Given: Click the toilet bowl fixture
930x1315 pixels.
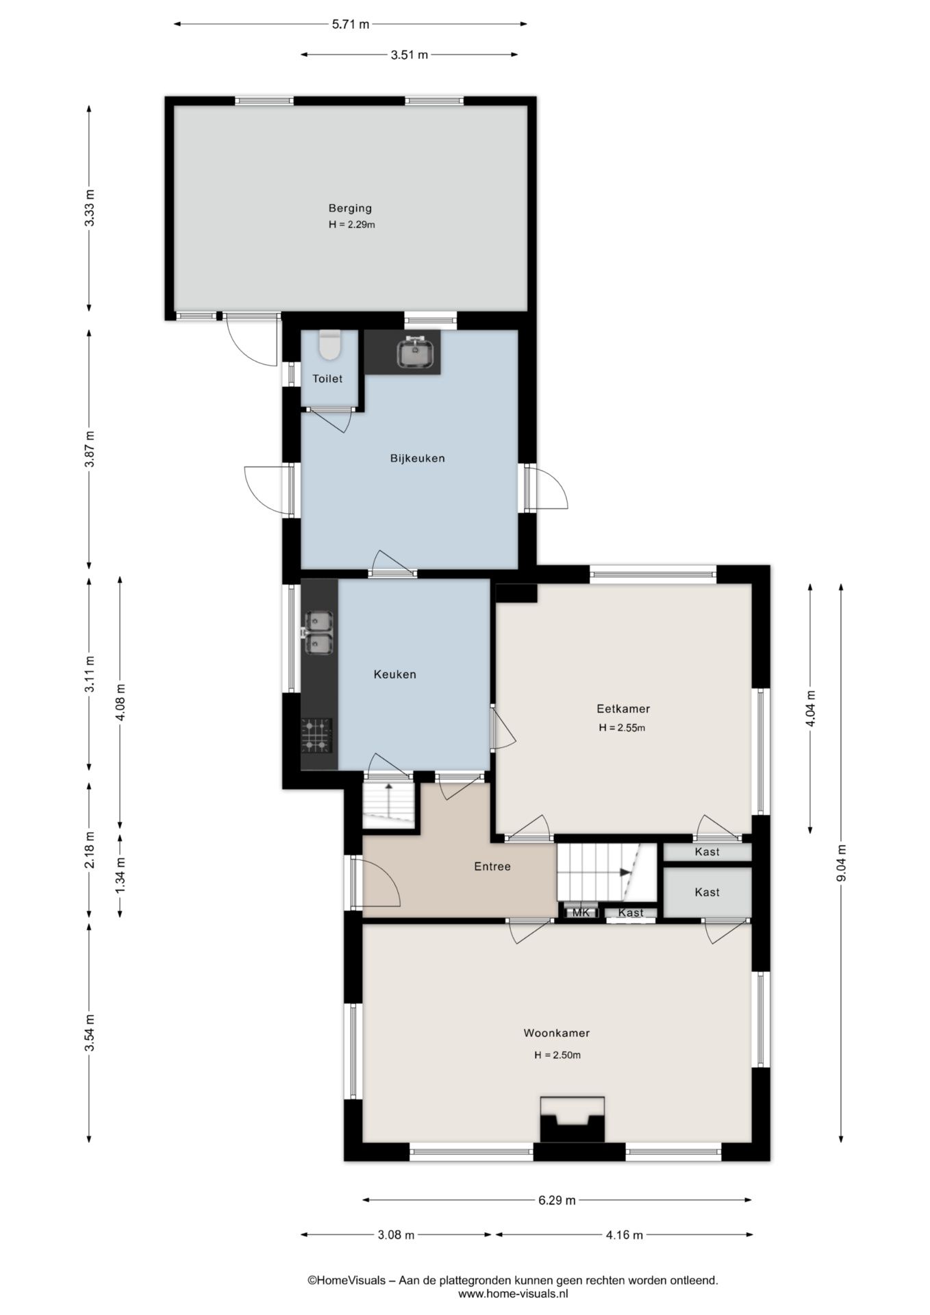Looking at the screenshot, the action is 330,345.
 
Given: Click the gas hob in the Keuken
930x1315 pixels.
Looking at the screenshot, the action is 317,736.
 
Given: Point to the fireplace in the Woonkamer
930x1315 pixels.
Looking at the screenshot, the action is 573,1119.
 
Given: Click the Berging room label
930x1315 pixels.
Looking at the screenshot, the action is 350,208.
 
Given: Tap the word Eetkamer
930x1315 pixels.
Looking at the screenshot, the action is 623,709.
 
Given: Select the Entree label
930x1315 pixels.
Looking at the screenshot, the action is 492,866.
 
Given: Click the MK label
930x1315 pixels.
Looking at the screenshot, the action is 581,912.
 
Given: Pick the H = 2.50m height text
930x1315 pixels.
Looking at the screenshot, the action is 557,1055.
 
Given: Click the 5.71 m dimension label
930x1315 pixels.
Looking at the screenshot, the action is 351,25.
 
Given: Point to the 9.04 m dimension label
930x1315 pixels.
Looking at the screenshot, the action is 842,864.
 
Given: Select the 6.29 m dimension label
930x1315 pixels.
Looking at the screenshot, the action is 557,1200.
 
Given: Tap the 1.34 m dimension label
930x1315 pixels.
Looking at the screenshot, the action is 120,875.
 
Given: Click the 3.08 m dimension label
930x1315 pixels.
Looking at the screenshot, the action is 396,1235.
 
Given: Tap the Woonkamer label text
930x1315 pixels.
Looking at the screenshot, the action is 557,1033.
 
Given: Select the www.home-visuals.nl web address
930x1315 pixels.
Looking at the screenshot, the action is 513,1294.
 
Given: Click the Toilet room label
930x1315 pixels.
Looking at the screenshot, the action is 327,379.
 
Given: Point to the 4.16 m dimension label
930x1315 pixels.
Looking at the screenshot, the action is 624,1235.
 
